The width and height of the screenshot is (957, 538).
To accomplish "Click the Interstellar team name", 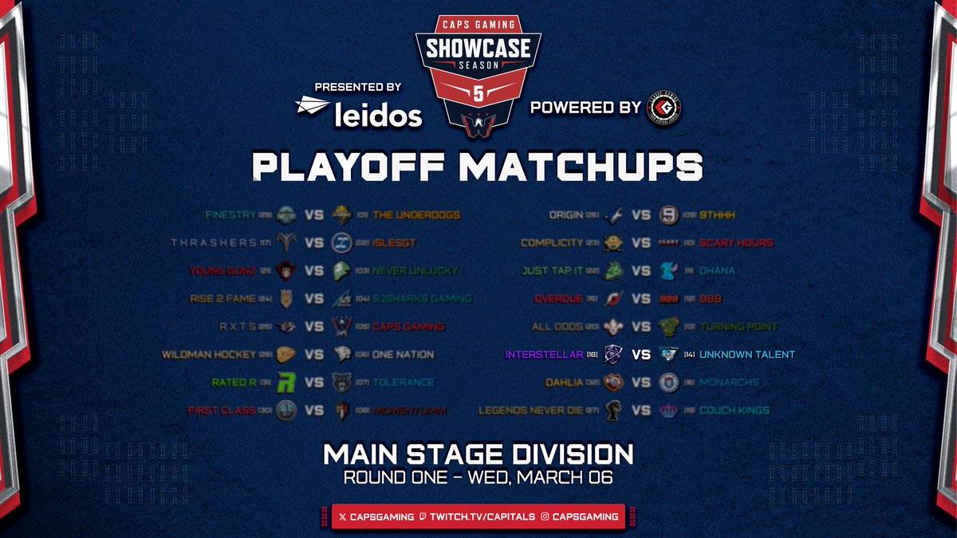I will click(538, 354).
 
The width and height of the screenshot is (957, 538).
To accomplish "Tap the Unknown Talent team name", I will click(748, 354).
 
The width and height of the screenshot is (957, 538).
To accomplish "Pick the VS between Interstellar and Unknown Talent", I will click(642, 354).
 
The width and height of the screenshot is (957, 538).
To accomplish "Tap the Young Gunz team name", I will click(222, 270).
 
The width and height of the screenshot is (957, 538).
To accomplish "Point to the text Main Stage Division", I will click(478, 454).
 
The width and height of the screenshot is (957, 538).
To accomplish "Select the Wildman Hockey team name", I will click(209, 354).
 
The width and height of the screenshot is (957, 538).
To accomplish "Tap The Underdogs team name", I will click(416, 214).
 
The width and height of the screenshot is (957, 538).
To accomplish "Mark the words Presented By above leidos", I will click(357, 86).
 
